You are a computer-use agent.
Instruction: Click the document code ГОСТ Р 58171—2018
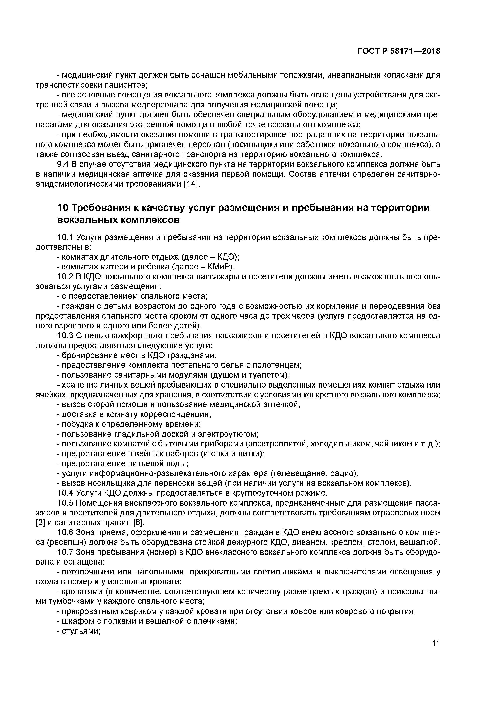click(x=399, y=51)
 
